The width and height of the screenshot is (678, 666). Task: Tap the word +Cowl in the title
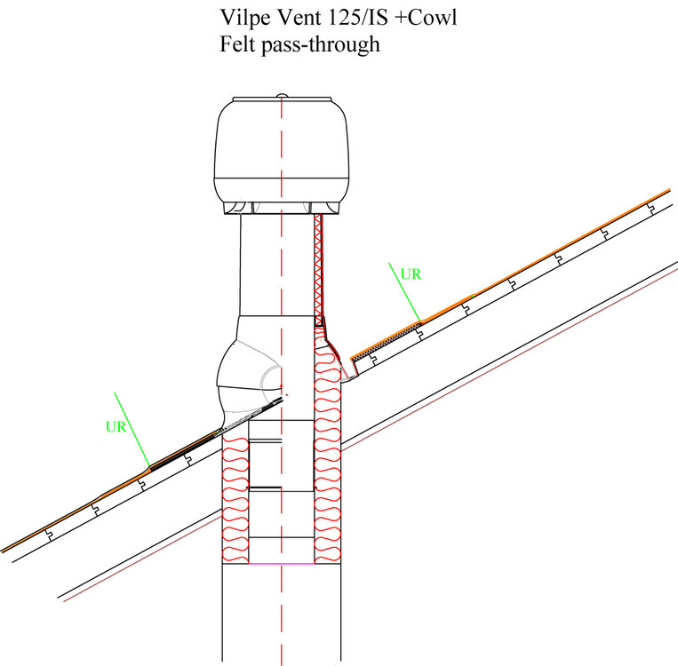pyautogui.click(x=426, y=18)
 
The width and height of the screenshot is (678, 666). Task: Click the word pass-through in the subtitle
pyautogui.click(x=321, y=45)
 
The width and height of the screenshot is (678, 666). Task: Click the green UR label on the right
pyautogui.click(x=411, y=274)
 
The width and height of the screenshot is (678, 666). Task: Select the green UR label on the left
pyautogui.click(x=116, y=426)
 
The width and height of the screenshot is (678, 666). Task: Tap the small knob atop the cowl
pyautogui.click(x=282, y=95)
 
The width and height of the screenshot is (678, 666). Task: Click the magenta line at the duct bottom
pyautogui.click(x=282, y=564)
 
